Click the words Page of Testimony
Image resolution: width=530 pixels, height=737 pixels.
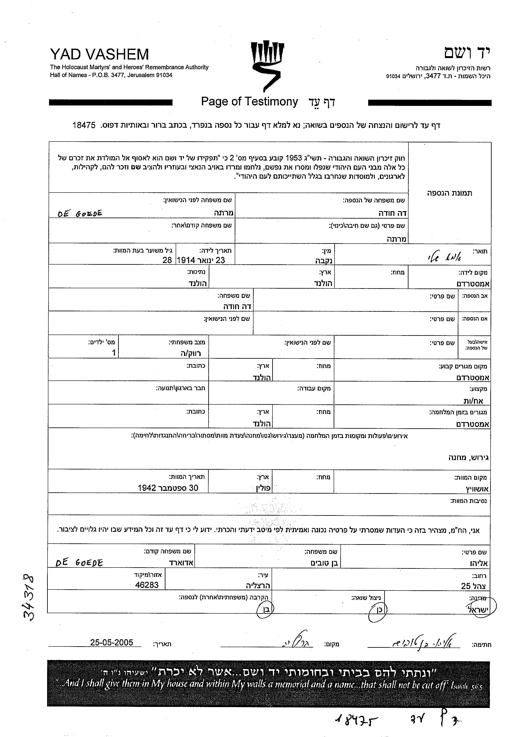pos(249,102)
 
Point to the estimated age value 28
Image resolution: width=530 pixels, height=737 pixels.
pos(167,260)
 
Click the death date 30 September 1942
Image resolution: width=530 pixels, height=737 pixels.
pos(168,488)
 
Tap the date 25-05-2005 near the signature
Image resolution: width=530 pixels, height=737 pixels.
pos(112,642)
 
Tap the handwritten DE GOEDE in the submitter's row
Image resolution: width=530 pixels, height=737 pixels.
pos(79,563)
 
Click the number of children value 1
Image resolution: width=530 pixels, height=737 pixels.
pos(114,352)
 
